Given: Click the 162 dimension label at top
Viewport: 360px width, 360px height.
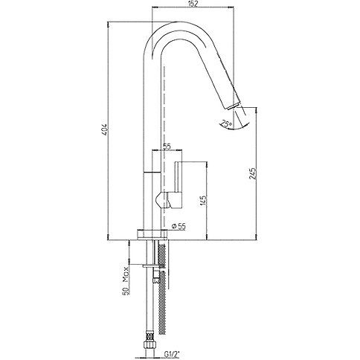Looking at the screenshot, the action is click(x=193, y=4).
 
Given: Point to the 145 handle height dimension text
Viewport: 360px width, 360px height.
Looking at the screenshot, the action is click(x=203, y=201).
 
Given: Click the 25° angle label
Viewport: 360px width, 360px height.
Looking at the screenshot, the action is click(x=226, y=124).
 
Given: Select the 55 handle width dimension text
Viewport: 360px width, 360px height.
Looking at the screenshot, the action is click(x=167, y=147).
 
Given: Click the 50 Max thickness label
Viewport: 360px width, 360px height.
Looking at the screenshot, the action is click(x=126, y=280).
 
